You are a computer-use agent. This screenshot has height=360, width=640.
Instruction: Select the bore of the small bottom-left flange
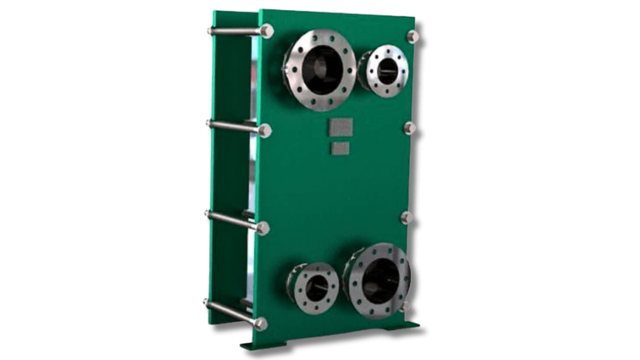316,287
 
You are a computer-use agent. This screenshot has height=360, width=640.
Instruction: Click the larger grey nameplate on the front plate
338,129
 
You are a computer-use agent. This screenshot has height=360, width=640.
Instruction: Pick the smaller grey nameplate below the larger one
338,147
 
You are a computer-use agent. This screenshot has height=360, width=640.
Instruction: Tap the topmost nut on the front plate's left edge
266,31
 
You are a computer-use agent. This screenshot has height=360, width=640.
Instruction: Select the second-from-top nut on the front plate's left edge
265,130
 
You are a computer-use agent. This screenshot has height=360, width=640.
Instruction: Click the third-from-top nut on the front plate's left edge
263,228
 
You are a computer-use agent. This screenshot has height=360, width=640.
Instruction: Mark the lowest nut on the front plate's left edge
261,323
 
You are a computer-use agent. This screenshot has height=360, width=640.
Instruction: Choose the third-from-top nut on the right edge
406,218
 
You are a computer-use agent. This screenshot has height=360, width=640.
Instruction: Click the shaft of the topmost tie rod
236,31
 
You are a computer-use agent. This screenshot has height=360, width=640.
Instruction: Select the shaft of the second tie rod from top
234,126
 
